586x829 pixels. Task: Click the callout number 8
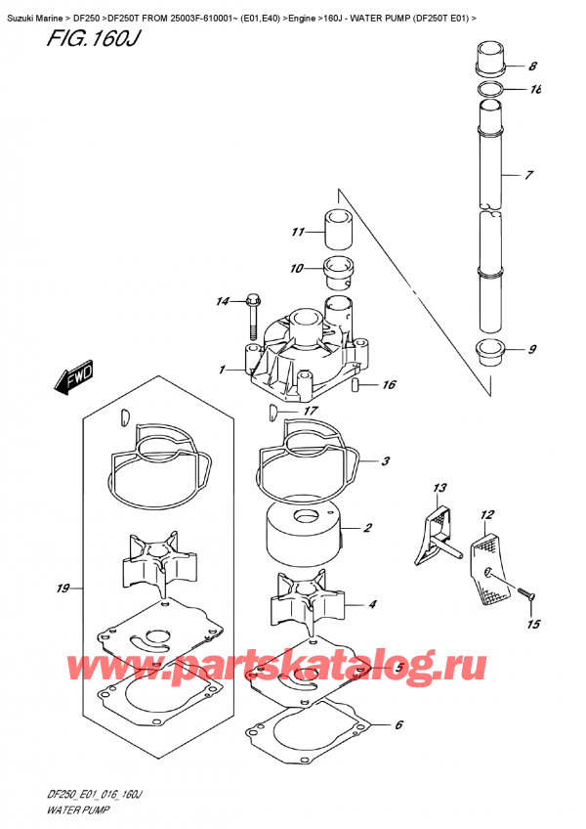(532, 67)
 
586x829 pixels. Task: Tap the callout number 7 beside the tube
(528, 176)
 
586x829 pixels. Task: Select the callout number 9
(531, 351)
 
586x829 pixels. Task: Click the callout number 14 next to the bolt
(222, 302)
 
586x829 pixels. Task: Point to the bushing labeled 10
(338, 267)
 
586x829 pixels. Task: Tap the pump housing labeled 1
(293, 364)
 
